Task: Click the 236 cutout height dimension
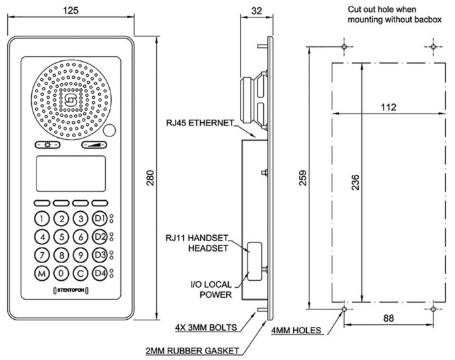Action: pyautogui.click(x=372, y=183)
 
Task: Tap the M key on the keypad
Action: pyautogui.click(x=42, y=273)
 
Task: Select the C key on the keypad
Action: pyautogui.click(x=80, y=273)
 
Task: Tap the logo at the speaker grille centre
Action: pyautogui.click(x=70, y=100)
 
